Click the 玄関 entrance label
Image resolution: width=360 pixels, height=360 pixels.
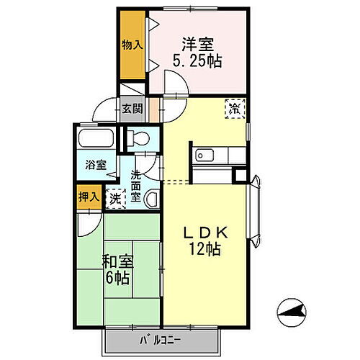click(x=132, y=109)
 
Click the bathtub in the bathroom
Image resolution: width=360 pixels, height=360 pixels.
click(x=94, y=140)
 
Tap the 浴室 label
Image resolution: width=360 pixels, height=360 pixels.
click(x=96, y=165)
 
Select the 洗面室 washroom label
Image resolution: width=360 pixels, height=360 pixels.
click(x=135, y=186)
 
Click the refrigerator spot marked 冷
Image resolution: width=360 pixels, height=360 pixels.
click(x=235, y=108)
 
